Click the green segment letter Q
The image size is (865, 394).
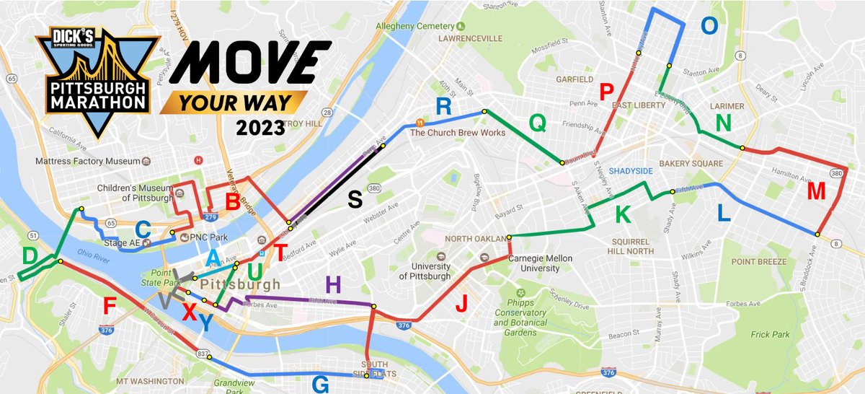[x=538, y=123]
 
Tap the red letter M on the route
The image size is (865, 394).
[x=816, y=191]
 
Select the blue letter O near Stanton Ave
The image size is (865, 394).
[x=710, y=26]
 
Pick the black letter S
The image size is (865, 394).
[x=355, y=199]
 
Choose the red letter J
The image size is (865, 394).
[x=461, y=304]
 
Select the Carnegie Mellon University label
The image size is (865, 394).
[x=534, y=263]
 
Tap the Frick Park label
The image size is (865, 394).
[x=771, y=334]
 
